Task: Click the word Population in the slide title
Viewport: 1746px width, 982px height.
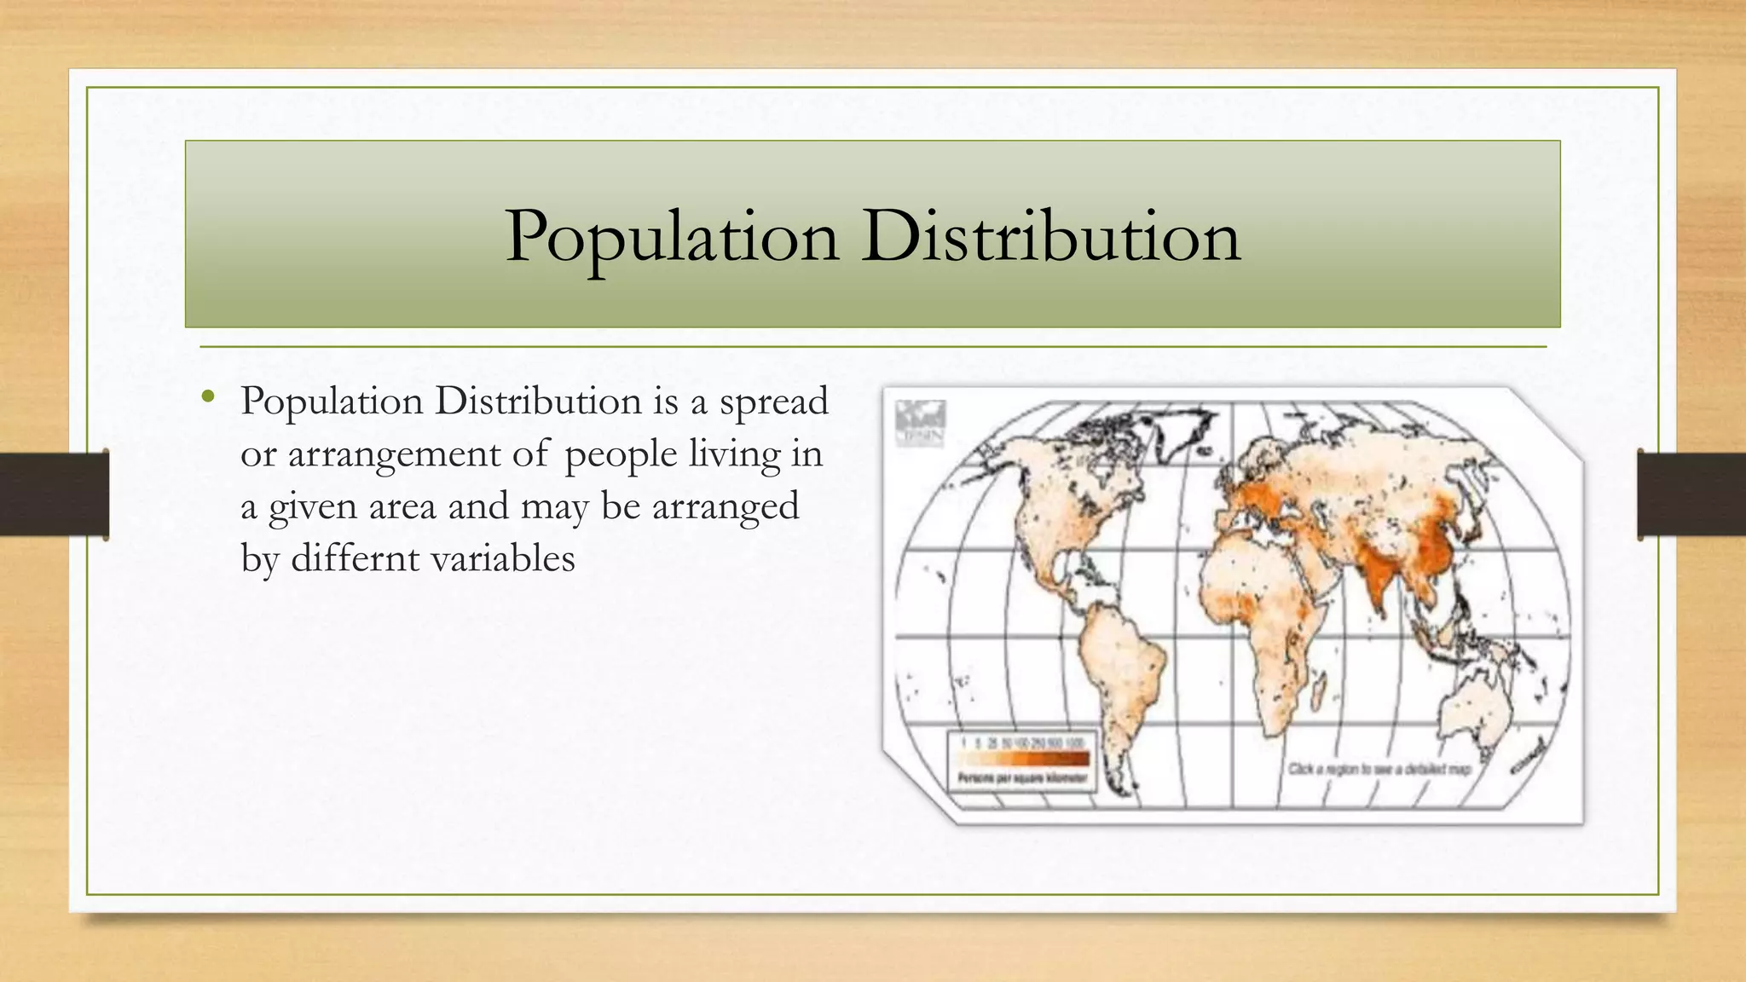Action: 672,237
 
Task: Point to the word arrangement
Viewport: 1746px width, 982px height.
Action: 395,453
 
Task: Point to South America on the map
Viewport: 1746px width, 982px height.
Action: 1117,673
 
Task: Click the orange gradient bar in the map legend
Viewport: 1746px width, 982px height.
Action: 1023,758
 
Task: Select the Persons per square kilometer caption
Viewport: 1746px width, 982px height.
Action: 1022,778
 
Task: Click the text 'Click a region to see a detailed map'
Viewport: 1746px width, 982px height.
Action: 1379,769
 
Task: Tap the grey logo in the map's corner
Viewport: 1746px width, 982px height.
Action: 920,423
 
